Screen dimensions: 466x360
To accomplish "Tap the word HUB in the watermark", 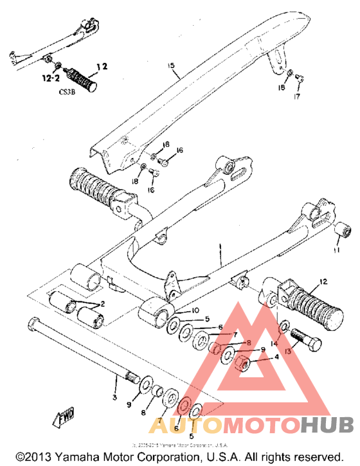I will [x=327, y=425].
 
